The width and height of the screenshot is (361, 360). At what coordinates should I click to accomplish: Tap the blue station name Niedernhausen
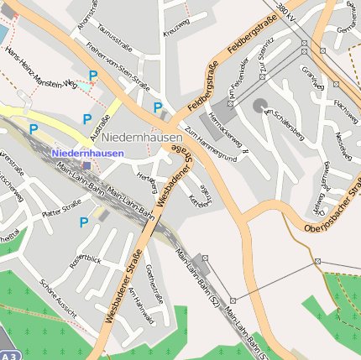tap(87, 154)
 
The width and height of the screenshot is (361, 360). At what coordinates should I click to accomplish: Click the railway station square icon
tap(87, 166)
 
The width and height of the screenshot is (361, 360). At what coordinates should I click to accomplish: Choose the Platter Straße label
tap(62, 206)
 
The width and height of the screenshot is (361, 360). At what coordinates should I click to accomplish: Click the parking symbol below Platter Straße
tap(83, 222)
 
